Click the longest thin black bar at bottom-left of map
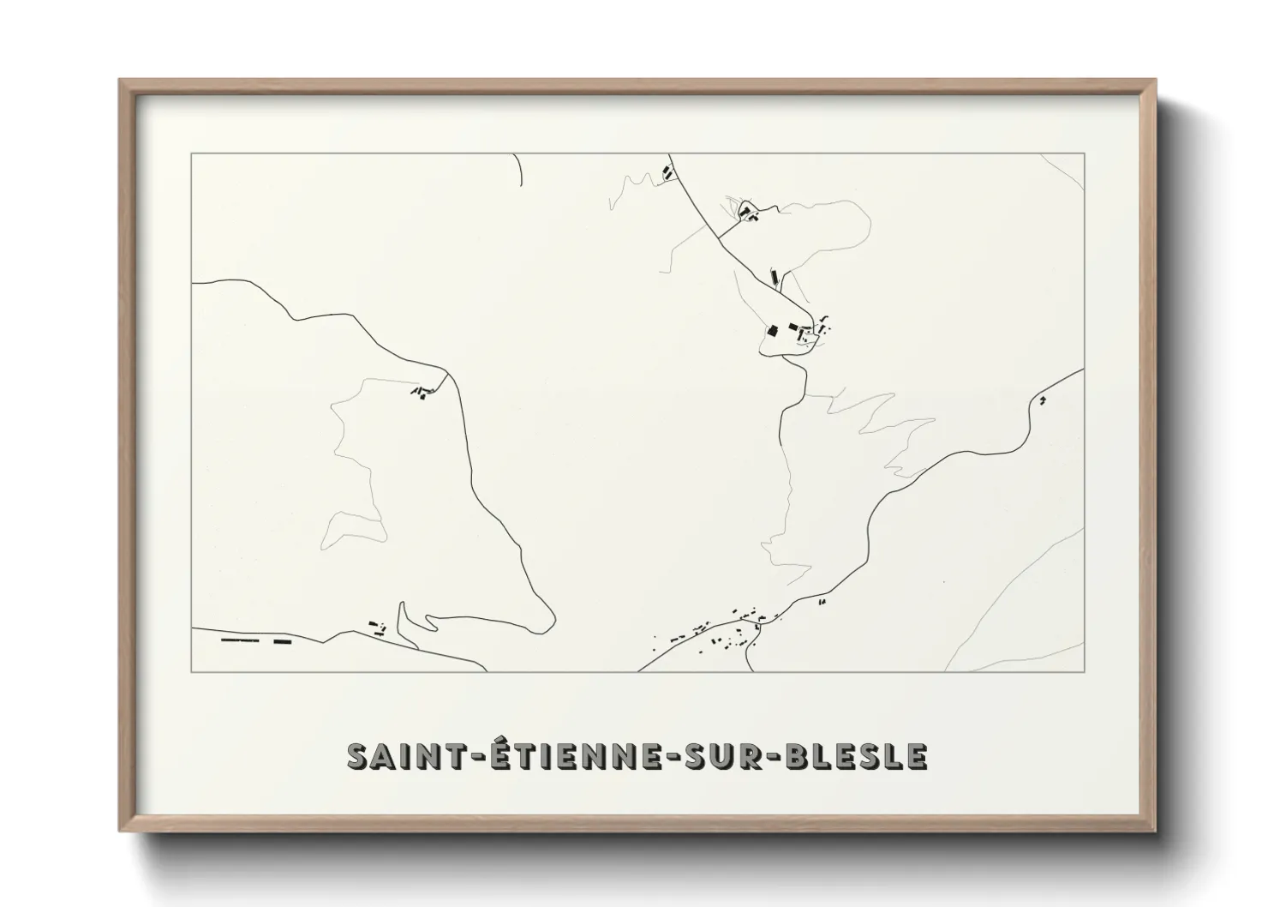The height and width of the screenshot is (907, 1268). tap(239, 640)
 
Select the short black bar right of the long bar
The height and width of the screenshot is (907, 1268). tap(283, 640)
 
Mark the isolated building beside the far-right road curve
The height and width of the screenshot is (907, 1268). tap(1042, 399)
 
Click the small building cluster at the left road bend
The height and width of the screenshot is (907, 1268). tap(421, 393)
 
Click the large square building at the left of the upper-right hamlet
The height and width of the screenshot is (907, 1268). tap(770, 330)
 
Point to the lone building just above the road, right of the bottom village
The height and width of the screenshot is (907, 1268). tap(822, 603)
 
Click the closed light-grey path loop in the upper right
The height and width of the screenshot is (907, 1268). tap(822, 231)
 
